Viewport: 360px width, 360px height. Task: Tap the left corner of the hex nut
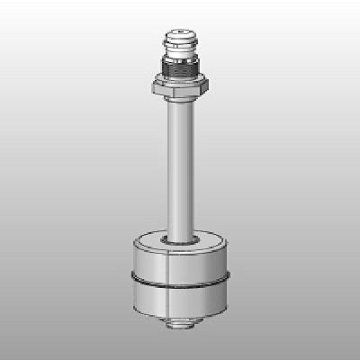(154, 86)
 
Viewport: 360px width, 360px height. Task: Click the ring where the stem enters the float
(181, 241)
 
